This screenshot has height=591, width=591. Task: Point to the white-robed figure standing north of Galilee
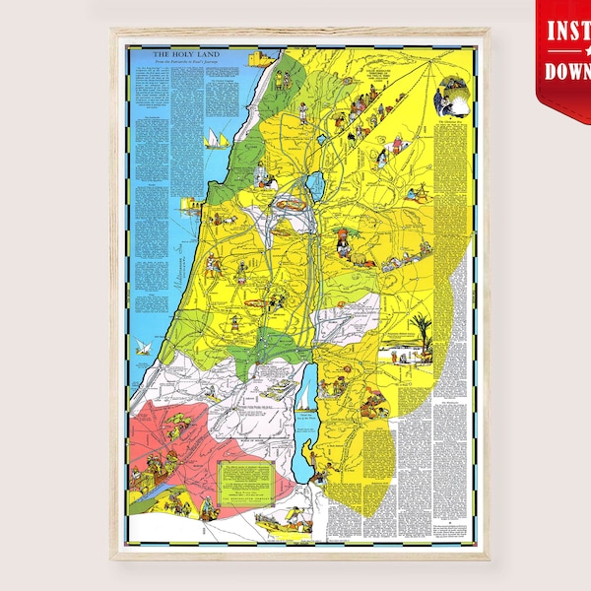click(x=303, y=108)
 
